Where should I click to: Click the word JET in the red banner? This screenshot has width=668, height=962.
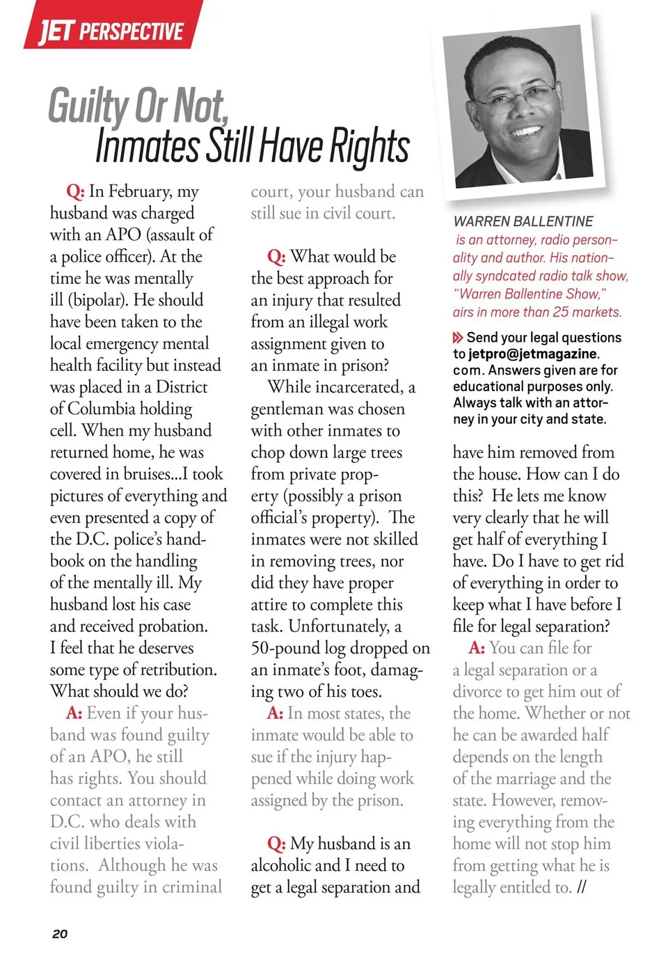(x=55, y=31)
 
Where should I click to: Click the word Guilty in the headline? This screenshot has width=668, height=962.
(x=88, y=107)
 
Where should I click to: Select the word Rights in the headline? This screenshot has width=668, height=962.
(x=369, y=147)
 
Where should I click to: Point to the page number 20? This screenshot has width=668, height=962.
(x=60, y=933)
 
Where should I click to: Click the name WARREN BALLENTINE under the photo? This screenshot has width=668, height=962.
(x=523, y=221)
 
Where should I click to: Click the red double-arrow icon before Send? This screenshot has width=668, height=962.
(x=458, y=338)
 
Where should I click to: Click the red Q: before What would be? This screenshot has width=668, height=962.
(x=276, y=257)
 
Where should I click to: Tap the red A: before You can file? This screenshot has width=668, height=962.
(x=477, y=648)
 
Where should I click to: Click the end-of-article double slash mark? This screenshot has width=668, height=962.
(x=582, y=887)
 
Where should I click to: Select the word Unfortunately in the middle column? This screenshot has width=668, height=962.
(x=339, y=626)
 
